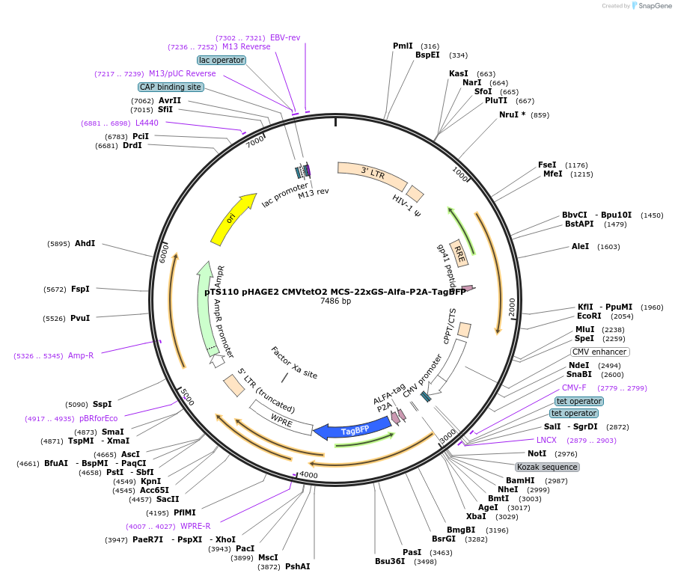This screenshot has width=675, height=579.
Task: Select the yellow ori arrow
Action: [x=232, y=219]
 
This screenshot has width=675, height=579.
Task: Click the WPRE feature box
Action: [x=281, y=418]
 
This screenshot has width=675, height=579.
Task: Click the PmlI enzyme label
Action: [x=403, y=46]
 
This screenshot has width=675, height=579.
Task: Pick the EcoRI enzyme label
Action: [x=589, y=316]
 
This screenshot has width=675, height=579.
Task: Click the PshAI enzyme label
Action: [x=297, y=566]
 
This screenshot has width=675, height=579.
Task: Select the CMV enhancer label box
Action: [x=599, y=352]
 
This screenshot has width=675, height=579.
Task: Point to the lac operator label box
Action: [x=222, y=59]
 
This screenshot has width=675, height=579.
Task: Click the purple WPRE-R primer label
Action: [x=195, y=526]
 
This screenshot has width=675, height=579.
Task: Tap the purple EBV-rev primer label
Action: [x=285, y=37]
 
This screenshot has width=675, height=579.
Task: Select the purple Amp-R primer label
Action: [x=81, y=355]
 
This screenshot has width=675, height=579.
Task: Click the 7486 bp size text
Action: [x=335, y=301]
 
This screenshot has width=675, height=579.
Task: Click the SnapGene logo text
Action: [x=654, y=6]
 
